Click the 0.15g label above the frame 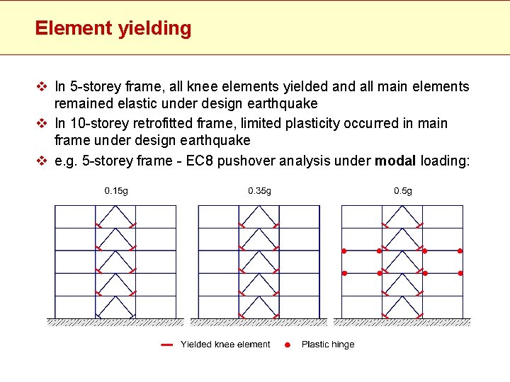116,190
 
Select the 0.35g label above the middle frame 259,190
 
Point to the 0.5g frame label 403,190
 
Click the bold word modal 395,161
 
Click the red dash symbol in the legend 166,345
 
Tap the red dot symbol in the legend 287,345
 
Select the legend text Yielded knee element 225,345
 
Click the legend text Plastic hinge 328,345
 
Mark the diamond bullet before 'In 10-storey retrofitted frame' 41,124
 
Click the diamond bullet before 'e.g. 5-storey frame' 41,161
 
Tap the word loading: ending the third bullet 445,161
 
